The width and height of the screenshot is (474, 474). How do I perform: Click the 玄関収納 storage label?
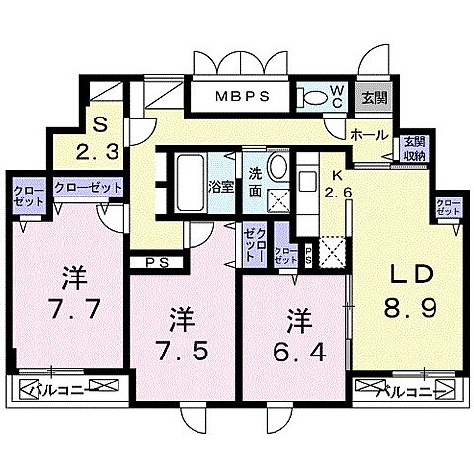click(413, 149)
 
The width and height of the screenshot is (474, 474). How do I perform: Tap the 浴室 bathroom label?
click(220, 185)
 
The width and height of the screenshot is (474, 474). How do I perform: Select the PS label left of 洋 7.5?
click(154, 262)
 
